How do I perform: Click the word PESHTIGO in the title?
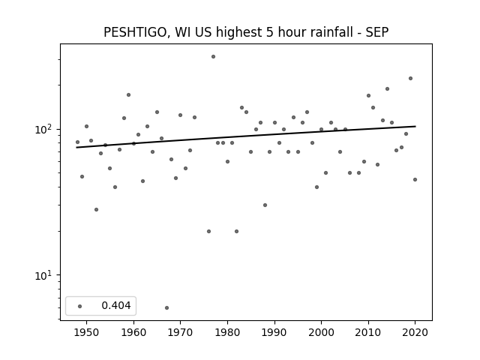(x=135, y=32)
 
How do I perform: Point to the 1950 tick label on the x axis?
(x=86, y=332)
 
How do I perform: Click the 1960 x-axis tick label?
(x=133, y=332)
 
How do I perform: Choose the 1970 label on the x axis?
(x=180, y=332)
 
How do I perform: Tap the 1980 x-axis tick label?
(x=227, y=332)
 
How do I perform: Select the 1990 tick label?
(x=274, y=332)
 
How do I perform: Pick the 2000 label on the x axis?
(x=321, y=332)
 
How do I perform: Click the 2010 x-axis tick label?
(x=368, y=332)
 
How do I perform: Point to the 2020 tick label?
(x=415, y=332)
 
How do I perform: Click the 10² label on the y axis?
(x=44, y=129)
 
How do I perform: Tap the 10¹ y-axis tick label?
(x=44, y=275)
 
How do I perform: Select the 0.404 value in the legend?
(x=116, y=305)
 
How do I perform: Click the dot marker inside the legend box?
(x=80, y=306)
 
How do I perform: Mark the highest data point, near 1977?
(x=213, y=57)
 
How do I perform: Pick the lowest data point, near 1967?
(x=166, y=307)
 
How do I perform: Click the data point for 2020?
(x=415, y=180)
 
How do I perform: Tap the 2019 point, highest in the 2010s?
(x=410, y=78)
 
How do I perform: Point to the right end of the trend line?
(x=415, y=126)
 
